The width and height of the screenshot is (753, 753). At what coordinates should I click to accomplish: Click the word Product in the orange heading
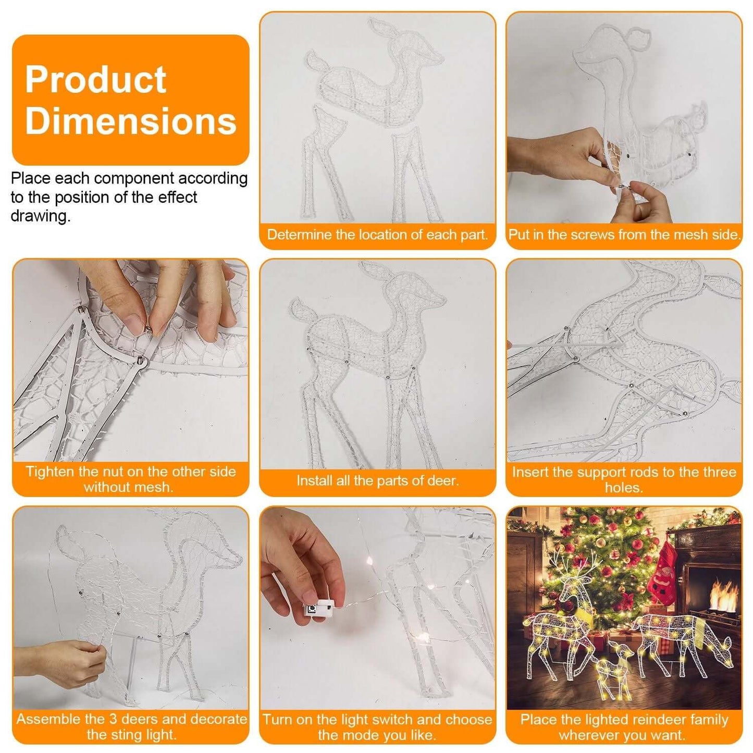coord(96,80)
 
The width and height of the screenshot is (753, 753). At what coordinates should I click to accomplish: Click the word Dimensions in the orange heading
coord(131,121)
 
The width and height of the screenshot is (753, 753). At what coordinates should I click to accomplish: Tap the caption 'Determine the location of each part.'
coord(377,234)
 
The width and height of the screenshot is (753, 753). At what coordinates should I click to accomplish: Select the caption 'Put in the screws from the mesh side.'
coord(624,234)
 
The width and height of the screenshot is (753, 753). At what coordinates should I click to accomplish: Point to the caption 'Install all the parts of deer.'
coord(377,480)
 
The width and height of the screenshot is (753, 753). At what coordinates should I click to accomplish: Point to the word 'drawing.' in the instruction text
coord(41,216)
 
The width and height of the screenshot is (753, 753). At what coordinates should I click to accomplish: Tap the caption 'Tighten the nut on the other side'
coord(131,472)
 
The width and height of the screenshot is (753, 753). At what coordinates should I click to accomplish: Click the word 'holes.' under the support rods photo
coord(624,488)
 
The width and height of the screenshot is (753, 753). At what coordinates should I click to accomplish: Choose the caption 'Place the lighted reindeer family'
coord(624,720)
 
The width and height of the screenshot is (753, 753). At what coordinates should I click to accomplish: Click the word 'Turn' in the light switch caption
coord(277,720)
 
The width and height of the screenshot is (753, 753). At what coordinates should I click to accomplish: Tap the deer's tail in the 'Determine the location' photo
coord(316,61)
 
